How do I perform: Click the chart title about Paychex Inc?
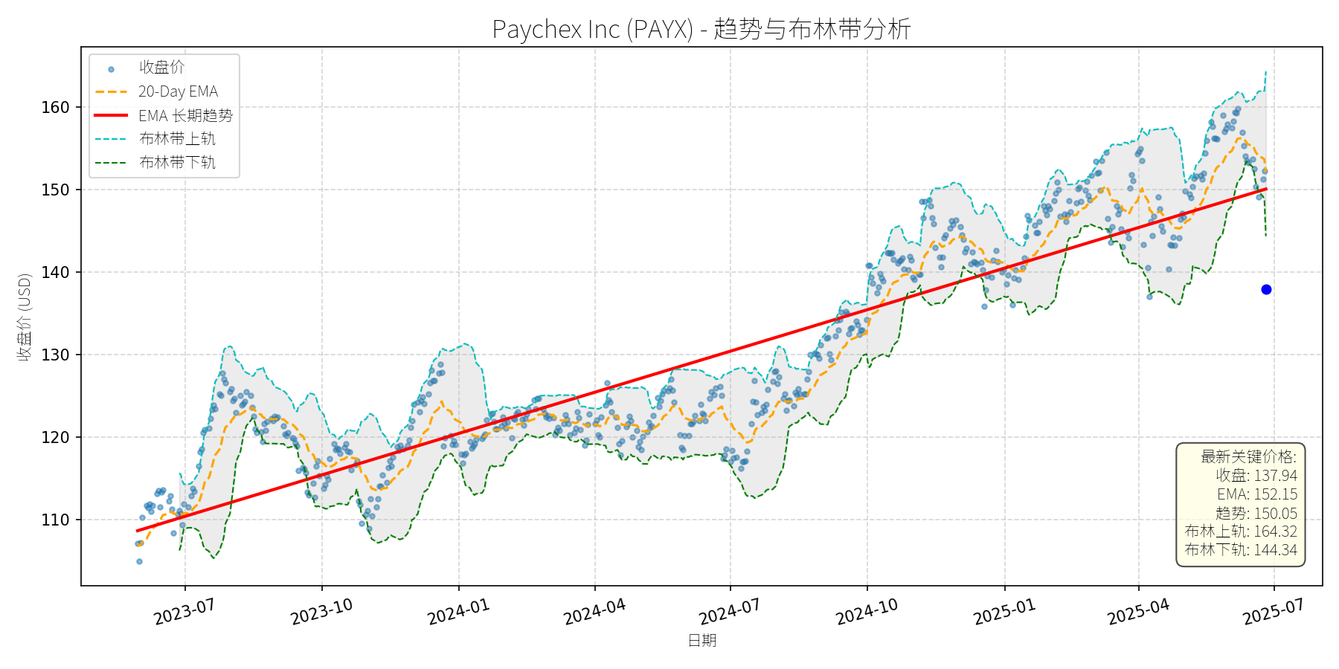pos(701,29)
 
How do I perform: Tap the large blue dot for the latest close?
pos(1266,289)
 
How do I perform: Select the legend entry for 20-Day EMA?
pos(178,91)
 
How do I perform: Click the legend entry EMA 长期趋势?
pos(185,115)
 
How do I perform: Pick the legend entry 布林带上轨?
pos(177,139)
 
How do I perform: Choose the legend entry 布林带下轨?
pos(177,162)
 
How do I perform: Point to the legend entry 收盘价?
pos(161,68)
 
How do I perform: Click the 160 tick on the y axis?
pos(55,107)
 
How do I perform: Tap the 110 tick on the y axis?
pos(55,520)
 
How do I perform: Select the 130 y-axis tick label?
pos(55,355)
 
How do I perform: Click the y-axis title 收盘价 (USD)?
pos(25,317)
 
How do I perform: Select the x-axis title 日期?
pos(701,641)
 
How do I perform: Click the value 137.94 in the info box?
pos(1275,476)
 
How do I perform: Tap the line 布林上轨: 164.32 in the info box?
pos(1241,531)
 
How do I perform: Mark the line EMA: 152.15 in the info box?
pos(1257,494)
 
